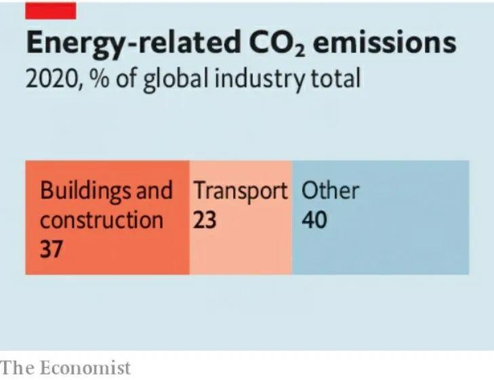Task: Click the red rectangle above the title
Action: tap(50, 10)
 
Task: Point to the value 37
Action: tap(52, 249)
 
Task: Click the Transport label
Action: tap(241, 192)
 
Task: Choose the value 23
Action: tap(205, 220)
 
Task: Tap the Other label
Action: tap(330, 190)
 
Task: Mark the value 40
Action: tap(314, 220)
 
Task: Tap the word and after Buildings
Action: tap(154, 190)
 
